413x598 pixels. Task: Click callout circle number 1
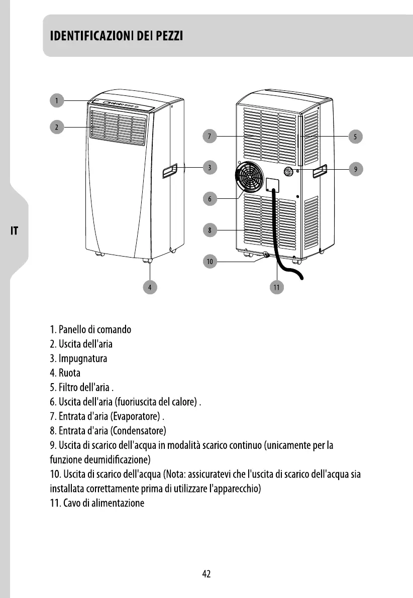[57, 101]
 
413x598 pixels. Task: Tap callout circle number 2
[57, 127]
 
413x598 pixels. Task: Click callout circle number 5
[355, 136]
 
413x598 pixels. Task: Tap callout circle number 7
[211, 136]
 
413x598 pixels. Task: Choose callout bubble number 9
[356, 169]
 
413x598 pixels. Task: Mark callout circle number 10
[211, 261]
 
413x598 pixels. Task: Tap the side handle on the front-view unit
[169, 172]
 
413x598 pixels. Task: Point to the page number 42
[206, 574]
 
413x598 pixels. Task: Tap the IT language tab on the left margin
[15, 231]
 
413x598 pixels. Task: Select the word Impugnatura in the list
[83, 359]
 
